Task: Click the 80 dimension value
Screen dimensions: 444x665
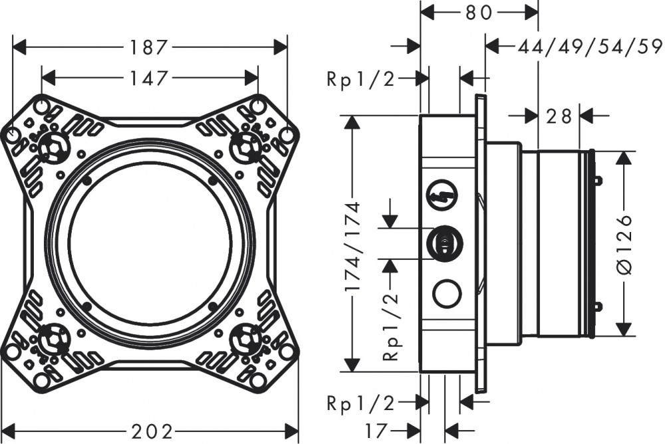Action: [479, 11]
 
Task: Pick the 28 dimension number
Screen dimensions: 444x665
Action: [559, 116]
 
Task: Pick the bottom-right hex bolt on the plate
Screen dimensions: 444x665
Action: [246, 339]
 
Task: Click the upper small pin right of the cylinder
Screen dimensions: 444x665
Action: [598, 180]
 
